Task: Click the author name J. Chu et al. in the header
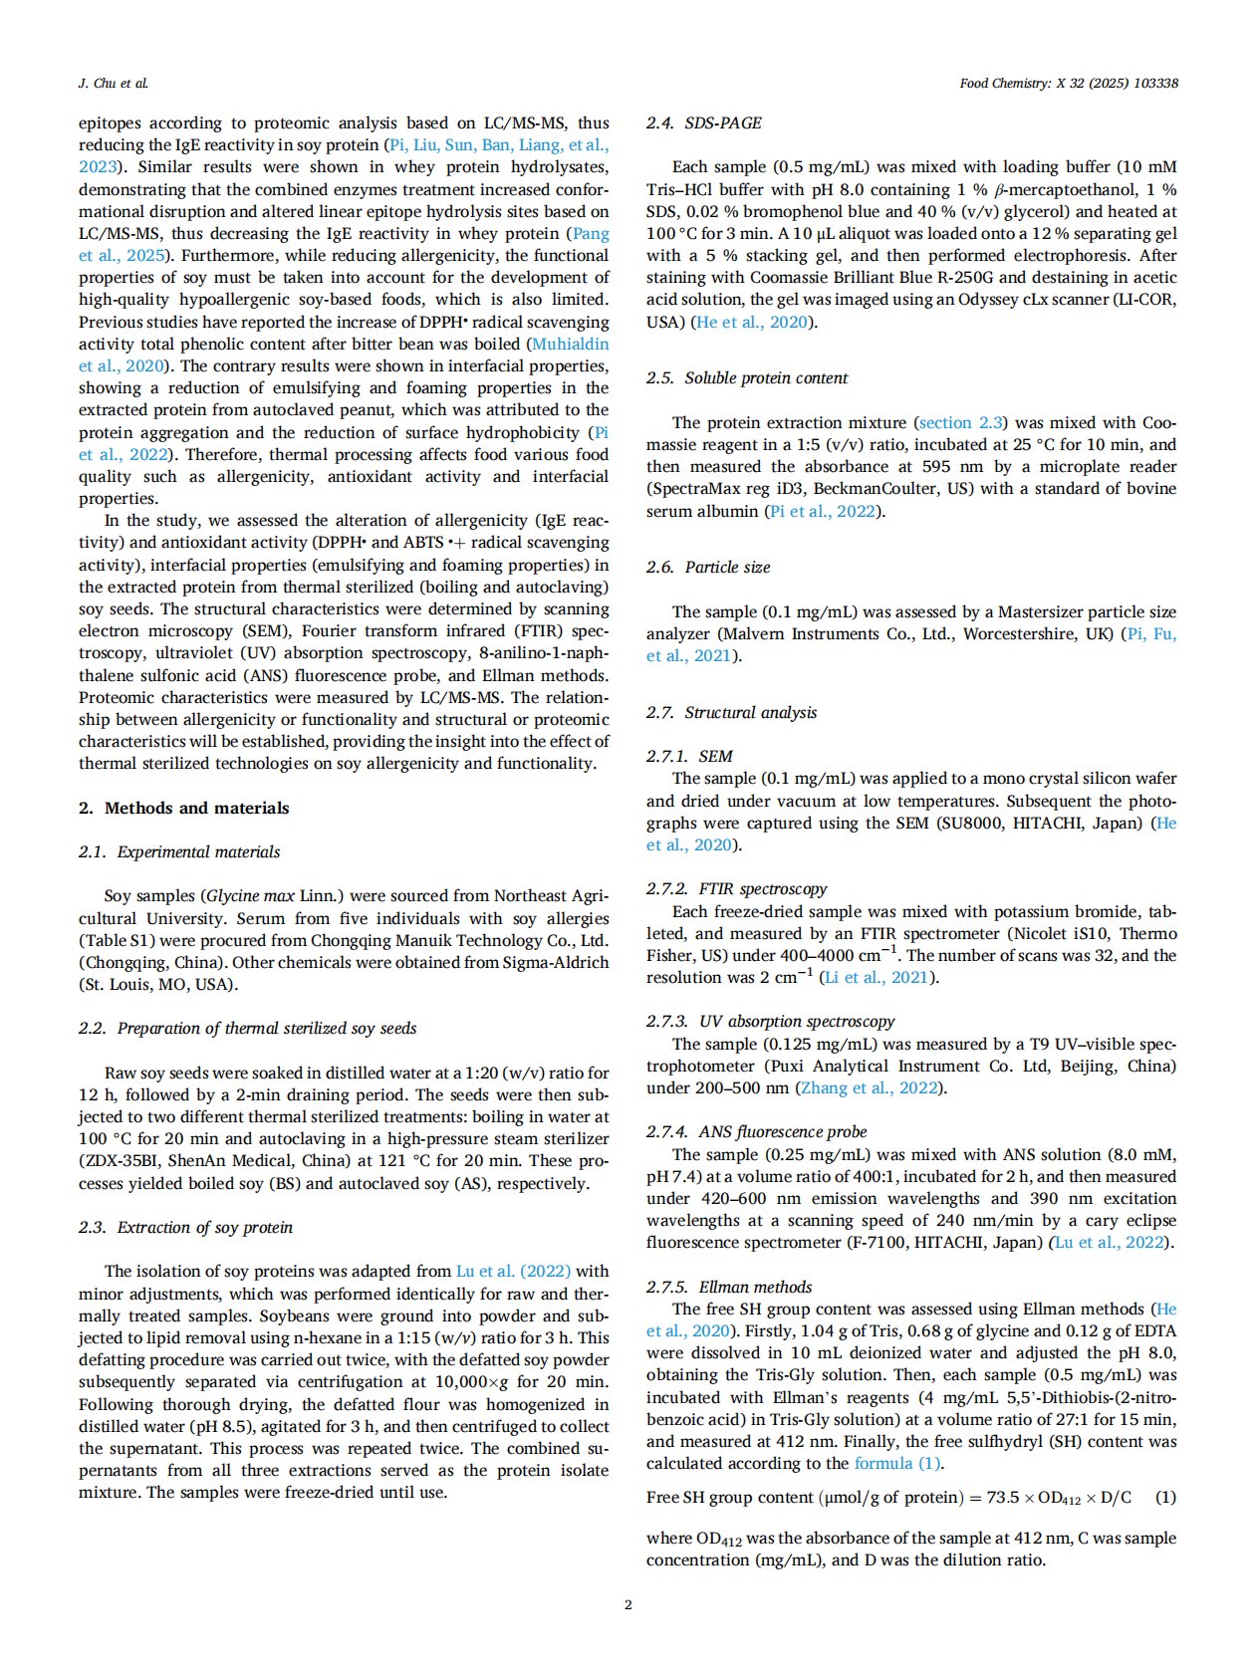(x=114, y=83)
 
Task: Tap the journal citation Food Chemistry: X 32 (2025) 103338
(x=1069, y=83)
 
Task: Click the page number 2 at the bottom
(x=628, y=1604)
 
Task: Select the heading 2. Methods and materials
(x=184, y=808)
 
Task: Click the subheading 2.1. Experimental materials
(x=179, y=851)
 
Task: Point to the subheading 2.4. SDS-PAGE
(x=703, y=122)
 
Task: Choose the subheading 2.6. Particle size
(x=707, y=567)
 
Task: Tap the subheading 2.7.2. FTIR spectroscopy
(x=736, y=888)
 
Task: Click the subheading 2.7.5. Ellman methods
(x=728, y=1287)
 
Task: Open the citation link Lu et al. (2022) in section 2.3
(x=513, y=1271)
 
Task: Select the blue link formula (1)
(x=897, y=1463)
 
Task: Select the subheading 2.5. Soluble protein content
(x=746, y=377)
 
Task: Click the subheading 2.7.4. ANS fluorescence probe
(x=756, y=1131)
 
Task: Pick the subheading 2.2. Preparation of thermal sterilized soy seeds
(x=247, y=1028)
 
